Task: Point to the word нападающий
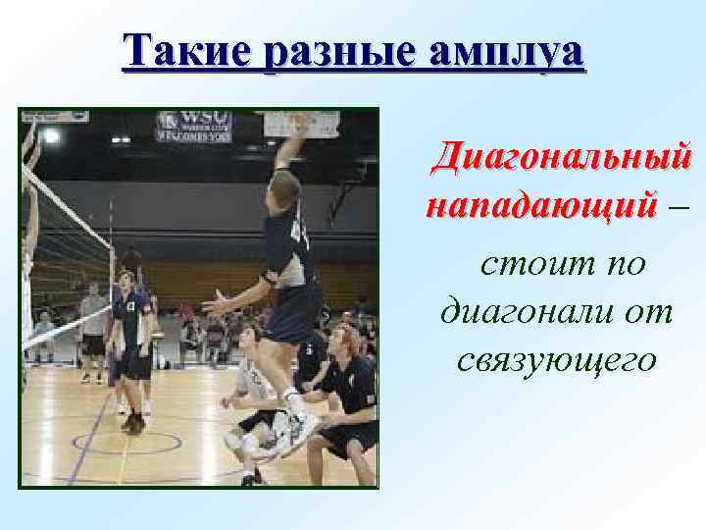[x=540, y=207]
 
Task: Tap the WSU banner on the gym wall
[x=193, y=126]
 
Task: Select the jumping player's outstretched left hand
[x=212, y=303]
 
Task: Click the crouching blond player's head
[x=342, y=339]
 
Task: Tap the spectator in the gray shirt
[x=94, y=319]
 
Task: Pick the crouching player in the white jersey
[x=249, y=383]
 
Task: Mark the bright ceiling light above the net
[x=51, y=135]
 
